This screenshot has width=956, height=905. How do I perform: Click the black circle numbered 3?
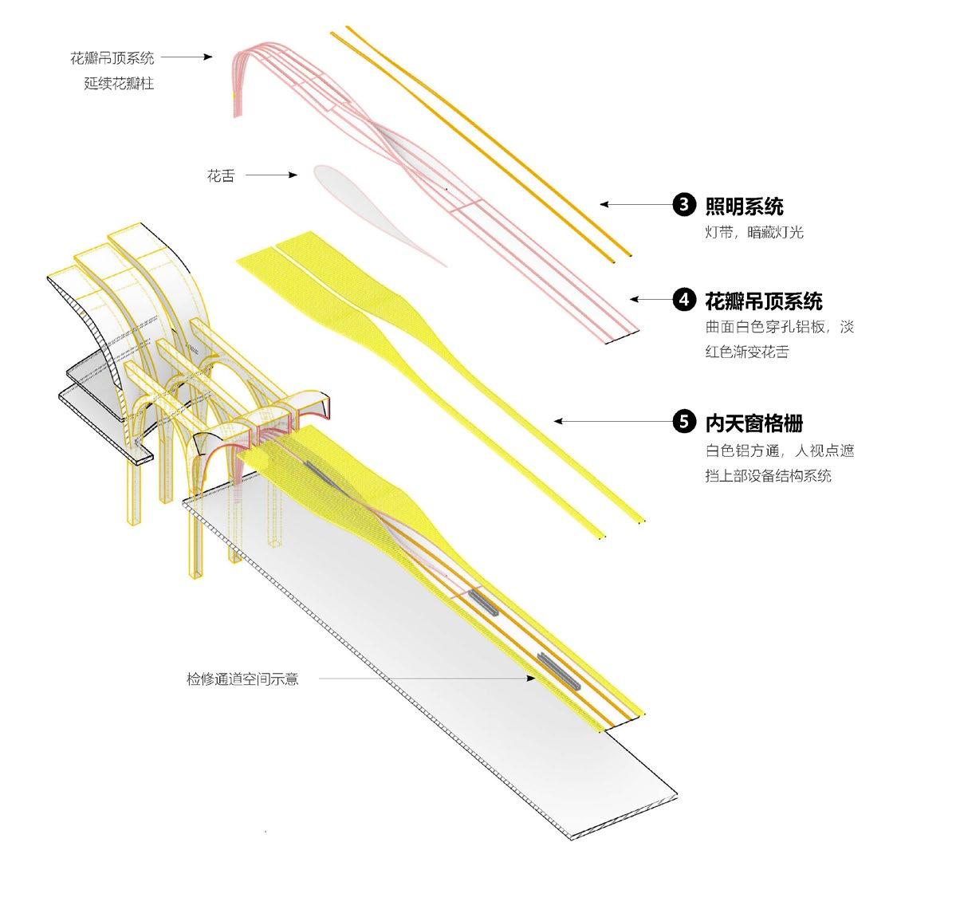[x=684, y=205]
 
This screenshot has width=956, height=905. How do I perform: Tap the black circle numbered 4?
[x=684, y=300]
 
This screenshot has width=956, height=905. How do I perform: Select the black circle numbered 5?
[x=684, y=421]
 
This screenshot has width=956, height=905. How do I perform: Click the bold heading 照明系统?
[x=744, y=207]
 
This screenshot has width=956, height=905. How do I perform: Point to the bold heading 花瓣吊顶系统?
[x=763, y=301]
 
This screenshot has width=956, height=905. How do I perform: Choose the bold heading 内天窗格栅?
[x=753, y=422]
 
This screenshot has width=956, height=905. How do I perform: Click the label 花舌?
[x=221, y=175]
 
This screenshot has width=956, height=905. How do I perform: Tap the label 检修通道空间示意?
[x=242, y=679]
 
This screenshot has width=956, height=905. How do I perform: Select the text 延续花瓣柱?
[x=119, y=83]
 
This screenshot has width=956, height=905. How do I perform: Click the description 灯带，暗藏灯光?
[x=753, y=233]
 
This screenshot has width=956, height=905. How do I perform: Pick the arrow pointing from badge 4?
[x=650, y=300]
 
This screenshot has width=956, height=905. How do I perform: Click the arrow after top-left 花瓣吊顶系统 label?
[x=187, y=57]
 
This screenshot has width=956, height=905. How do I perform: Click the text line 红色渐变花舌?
[x=746, y=352]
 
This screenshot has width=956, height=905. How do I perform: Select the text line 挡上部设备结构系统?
[x=768, y=475]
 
